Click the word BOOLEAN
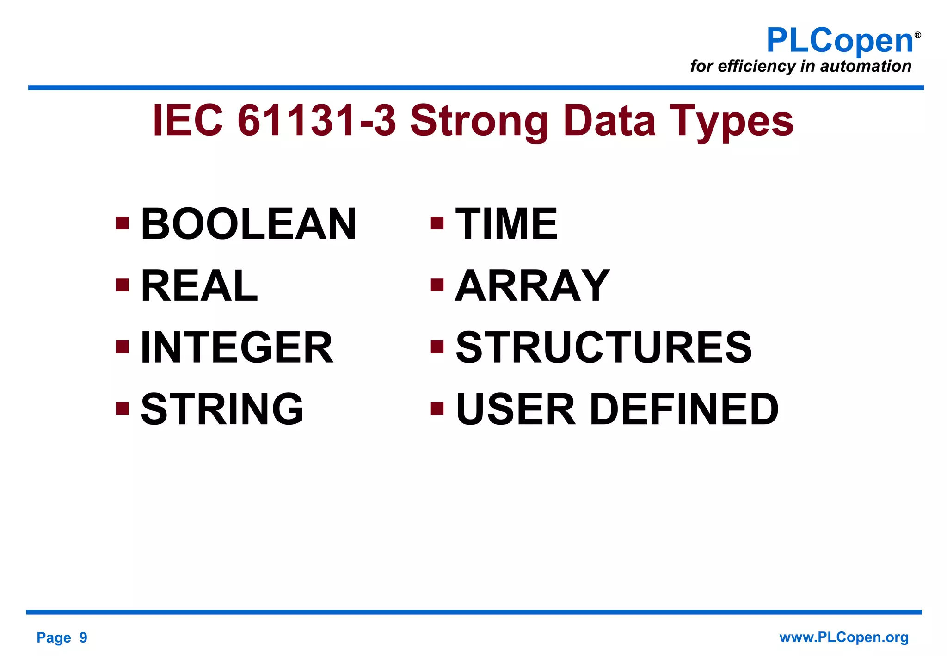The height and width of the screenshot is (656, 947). point(248,224)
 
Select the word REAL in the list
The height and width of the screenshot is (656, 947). point(199,286)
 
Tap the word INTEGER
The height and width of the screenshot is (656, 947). point(236,347)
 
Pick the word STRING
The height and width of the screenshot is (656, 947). point(222,409)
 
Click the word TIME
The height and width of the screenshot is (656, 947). point(506,224)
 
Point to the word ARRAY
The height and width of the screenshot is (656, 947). point(532,286)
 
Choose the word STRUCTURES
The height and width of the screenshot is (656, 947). point(604,347)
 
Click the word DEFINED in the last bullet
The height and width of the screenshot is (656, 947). point(684,409)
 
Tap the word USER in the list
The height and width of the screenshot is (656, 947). point(516,409)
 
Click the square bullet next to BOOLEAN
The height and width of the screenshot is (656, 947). point(122,224)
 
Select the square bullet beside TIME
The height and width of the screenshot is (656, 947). point(437,224)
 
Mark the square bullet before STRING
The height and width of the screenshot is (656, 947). point(122,408)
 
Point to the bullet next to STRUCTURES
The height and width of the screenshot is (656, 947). point(437,347)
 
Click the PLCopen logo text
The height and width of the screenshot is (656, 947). point(839,41)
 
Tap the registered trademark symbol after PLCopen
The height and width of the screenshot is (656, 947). point(917,35)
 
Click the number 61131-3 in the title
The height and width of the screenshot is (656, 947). point(317,120)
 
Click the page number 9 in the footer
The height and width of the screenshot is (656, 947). point(83,637)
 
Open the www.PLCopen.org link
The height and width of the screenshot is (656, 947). point(843,637)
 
